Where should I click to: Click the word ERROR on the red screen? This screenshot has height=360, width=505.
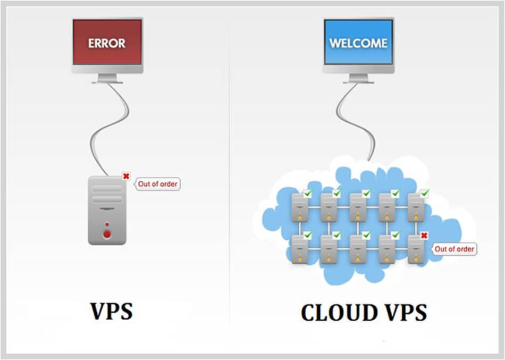pos(107,43)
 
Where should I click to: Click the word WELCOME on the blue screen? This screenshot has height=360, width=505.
pos(358,43)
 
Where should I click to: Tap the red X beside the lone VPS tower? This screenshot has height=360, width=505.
pos(126,177)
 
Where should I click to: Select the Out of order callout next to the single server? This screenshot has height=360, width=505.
pos(158,185)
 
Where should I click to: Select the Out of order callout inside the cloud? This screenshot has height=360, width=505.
pos(453,249)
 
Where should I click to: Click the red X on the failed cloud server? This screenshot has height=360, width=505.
pos(424,236)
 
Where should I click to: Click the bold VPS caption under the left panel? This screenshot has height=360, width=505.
pos(111,312)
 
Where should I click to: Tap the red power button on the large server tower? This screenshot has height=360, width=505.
pos(107,233)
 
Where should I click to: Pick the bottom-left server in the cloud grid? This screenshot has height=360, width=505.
pos(300,248)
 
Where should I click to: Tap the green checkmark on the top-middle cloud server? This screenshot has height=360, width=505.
pos(366,194)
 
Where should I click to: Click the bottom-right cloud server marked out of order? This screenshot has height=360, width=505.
pos(416,248)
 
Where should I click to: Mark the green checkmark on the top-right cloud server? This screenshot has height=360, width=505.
pos(424,194)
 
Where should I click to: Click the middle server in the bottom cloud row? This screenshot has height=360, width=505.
pos(358,248)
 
